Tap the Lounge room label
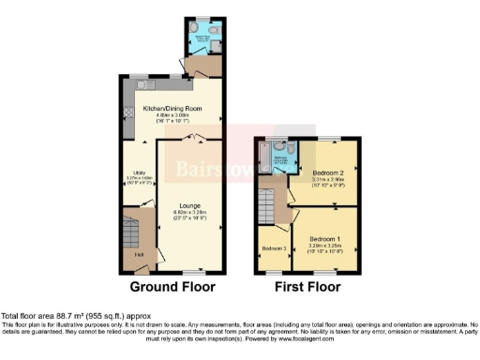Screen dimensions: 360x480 191,204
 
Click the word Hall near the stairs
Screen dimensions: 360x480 139,254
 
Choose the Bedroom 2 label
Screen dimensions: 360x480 329,172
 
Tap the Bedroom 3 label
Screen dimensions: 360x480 274,248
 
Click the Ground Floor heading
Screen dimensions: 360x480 172,287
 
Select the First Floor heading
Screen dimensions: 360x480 307,287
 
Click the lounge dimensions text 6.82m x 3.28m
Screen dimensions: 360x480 191,212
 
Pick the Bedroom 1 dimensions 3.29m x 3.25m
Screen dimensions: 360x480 324,246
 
